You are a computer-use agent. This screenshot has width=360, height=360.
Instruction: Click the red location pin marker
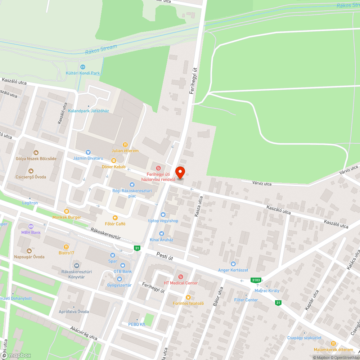pyautogui.click(x=180, y=172)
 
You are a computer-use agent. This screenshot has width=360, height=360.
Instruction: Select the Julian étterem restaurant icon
pyautogui.click(x=125, y=144)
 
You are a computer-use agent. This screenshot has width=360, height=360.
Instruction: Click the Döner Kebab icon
pyautogui.click(x=114, y=161)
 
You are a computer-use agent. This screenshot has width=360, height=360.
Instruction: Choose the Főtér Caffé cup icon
pyautogui.click(x=115, y=217)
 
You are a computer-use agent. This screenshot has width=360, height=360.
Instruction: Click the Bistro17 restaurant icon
pyautogui.click(x=66, y=247)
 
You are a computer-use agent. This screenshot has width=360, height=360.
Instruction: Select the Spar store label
pyautogui.click(x=113, y=261)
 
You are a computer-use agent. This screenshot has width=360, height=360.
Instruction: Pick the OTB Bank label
pyautogui.click(x=122, y=271)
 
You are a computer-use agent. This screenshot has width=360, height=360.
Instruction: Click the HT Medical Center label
pyautogui.click(x=181, y=283)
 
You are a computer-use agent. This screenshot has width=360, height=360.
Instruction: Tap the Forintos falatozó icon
pyautogui.click(x=188, y=297)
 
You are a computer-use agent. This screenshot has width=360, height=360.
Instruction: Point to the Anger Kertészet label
pyautogui.click(x=233, y=270)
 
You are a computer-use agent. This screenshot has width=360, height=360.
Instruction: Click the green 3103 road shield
pyautogui.click(x=256, y=280)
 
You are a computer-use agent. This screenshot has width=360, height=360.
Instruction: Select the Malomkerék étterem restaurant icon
pyautogui.click(x=333, y=343)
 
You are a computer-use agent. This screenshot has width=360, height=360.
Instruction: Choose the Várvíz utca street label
pyautogui.click(x=262, y=184)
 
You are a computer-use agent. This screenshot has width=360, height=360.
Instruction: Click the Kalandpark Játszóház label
pyautogui.click(x=89, y=111)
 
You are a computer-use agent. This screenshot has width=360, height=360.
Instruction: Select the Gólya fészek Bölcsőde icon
pyautogui.click(x=36, y=152)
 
